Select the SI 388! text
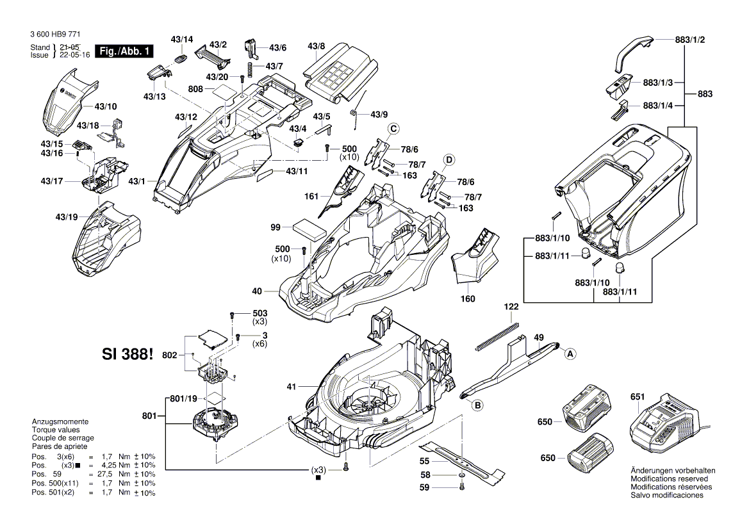(x=128, y=354)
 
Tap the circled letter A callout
(x=569, y=352)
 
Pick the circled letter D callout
(x=449, y=159)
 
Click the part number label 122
(x=510, y=307)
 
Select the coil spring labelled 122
(x=497, y=337)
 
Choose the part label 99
(x=276, y=227)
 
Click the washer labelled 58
(x=462, y=476)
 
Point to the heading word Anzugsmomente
(x=60, y=422)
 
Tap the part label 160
(x=468, y=298)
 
